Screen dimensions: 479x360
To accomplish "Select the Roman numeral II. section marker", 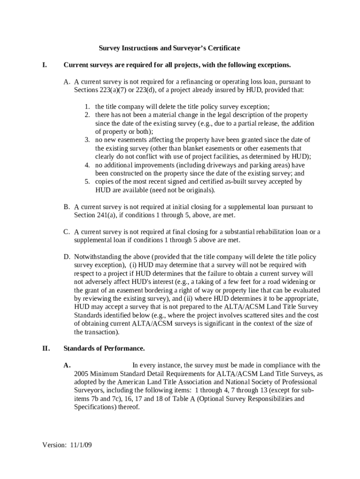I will click(x=46, y=348).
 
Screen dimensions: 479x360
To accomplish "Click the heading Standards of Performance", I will click(x=104, y=348).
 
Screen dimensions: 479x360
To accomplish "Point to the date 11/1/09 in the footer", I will click(x=81, y=445).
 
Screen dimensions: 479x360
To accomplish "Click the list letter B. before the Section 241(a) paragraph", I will click(x=67, y=207).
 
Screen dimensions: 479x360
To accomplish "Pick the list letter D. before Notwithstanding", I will click(x=67, y=257).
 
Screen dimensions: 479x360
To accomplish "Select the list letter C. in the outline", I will click(x=67, y=232).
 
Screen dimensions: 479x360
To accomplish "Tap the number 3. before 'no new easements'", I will click(x=87, y=140).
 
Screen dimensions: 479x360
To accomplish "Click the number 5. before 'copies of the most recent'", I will click(x=87, y=181).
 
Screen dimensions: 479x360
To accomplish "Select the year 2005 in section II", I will click(x=82, y=374).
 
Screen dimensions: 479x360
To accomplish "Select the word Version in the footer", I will click(x=53, y=445).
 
